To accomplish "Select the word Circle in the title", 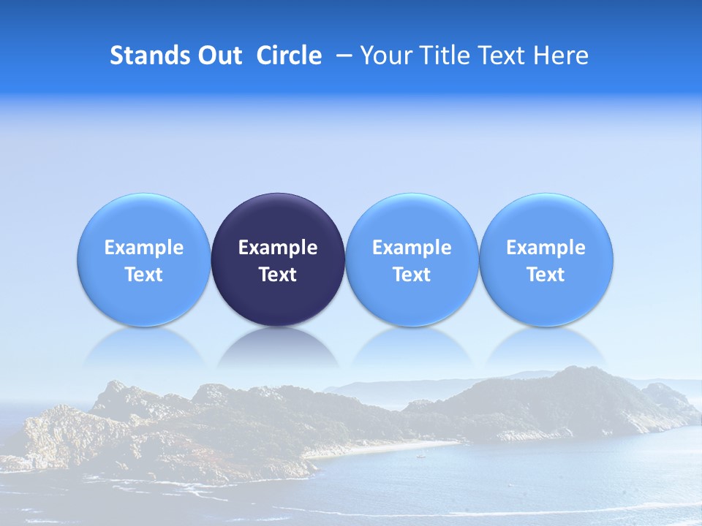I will [289, 56].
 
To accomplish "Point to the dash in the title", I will [344, 56].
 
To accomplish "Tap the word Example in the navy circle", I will [278, 248].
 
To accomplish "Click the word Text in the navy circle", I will [278, 275].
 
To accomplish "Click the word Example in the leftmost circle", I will [143, 248].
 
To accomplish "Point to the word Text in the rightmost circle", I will [546, 275].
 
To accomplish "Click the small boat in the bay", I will [420, 456].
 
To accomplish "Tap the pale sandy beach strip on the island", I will [395, 446].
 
